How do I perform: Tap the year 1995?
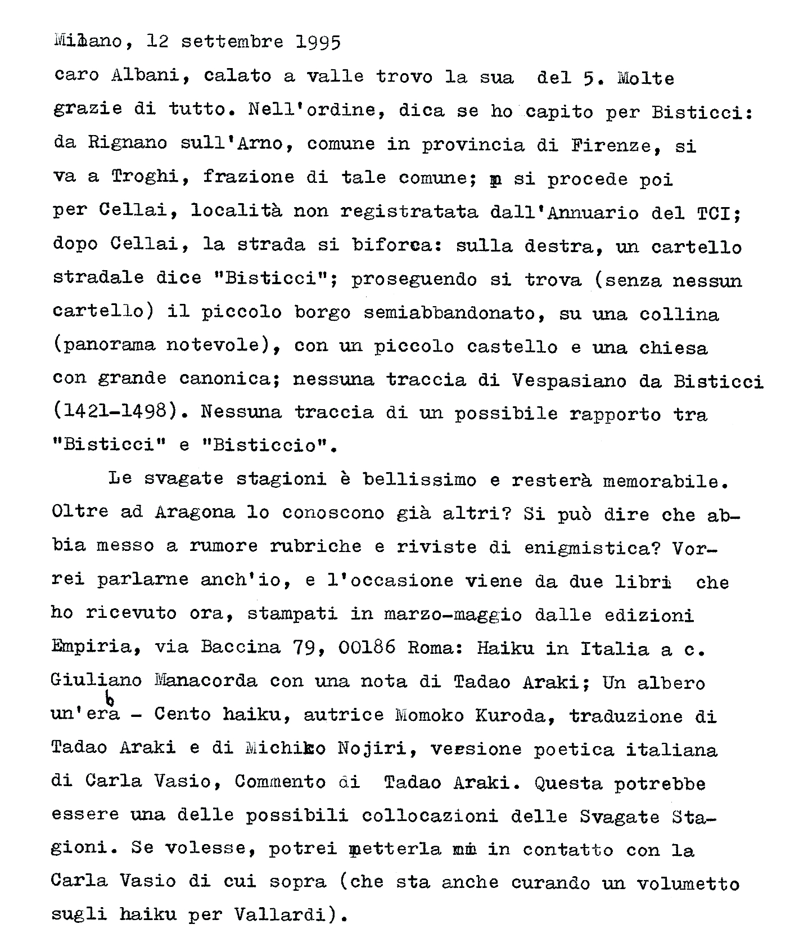point(318,43)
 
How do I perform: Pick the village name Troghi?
point(145,177)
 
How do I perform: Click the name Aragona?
point(194,512)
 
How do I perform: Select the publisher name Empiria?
point(95,647)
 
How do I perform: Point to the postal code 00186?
point(367,648)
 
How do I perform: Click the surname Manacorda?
point(205,681)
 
